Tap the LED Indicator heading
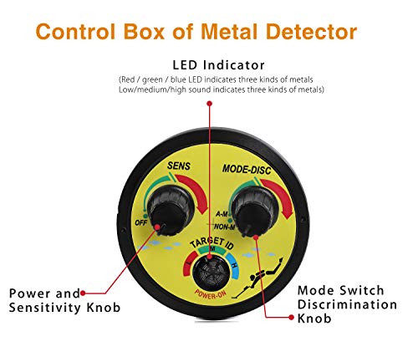coord(218,64)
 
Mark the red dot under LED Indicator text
coord(209,104)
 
